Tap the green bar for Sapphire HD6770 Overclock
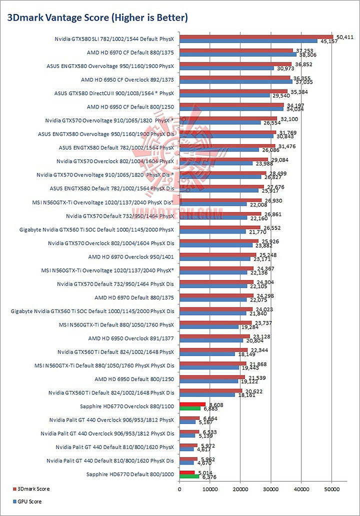(x=190, y=408)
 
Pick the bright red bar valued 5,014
(x=187, y=472)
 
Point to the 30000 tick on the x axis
(x=271, y=488)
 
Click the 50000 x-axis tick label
(x=332, y=488)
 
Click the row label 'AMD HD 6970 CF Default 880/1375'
(x=130, y=52)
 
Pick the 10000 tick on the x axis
(x=210, y=488)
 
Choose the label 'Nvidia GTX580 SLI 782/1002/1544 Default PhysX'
(x=115, y=38)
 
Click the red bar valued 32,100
(x=228, y=118)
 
